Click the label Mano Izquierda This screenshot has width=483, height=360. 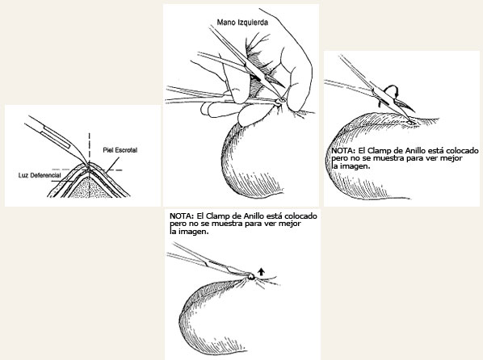242,23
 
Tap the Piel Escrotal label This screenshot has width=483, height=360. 120,150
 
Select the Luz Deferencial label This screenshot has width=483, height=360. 40,175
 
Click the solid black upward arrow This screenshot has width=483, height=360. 261,271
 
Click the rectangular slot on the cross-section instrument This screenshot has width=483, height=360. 56,138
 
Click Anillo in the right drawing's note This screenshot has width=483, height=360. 415,151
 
